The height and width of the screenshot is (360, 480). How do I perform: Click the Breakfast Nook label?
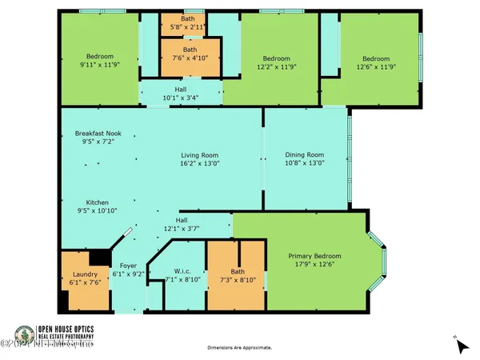click(x=97, y=133)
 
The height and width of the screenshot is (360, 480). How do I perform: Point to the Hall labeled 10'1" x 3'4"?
click(x=181, y=94)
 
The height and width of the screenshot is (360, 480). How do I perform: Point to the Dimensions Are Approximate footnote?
click(x=240, y=348)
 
